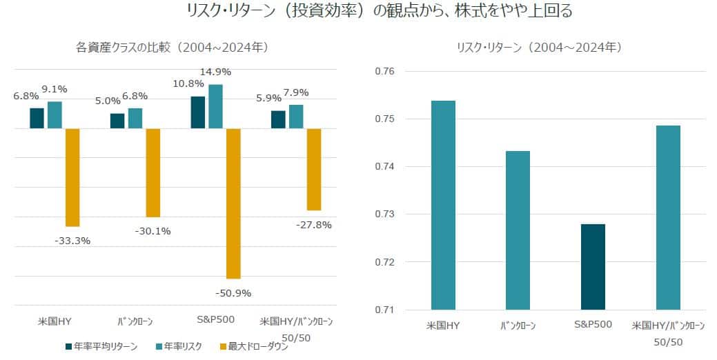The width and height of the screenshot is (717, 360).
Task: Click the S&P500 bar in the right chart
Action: [593, 266]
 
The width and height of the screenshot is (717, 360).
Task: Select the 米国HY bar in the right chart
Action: [443, 205]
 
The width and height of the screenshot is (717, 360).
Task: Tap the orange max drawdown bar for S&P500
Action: [233, 203]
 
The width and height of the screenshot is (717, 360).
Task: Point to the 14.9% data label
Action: [215, 72]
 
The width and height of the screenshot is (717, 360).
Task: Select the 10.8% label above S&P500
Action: [187, 83]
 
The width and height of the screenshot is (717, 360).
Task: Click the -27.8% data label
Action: [315, 225]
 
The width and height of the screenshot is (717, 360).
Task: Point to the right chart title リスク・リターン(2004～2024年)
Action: [540, 48]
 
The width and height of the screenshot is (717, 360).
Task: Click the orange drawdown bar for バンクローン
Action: [153, 172]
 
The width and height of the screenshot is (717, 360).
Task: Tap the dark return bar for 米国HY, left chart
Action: [37, 118]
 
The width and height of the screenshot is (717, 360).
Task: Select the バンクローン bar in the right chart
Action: [518, 230]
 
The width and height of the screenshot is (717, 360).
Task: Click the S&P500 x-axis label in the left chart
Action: [215, 321]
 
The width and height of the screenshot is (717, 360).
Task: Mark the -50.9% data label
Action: [234, 293]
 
